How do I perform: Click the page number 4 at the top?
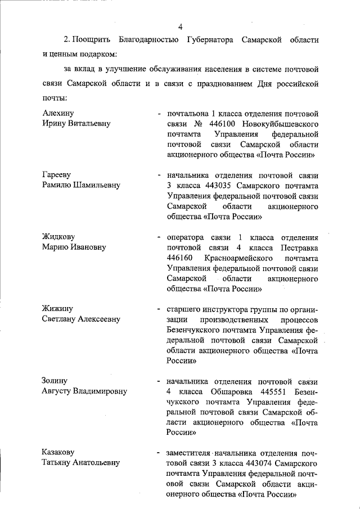tap(180, 26)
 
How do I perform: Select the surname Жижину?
tap(57, 309)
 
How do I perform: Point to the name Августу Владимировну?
tap(84, 391)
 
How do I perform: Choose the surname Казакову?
tap(58, 453)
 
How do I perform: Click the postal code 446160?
tap(181, 258)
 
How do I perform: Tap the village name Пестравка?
tap(298, 247)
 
